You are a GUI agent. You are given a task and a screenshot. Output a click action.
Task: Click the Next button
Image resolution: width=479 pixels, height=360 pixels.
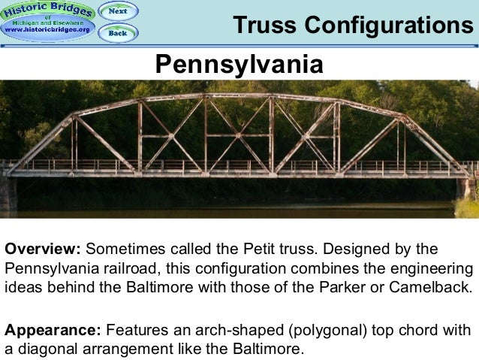[x=118, y=11]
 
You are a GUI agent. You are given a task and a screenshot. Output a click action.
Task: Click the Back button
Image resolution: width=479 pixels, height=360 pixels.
[x=118, y=32]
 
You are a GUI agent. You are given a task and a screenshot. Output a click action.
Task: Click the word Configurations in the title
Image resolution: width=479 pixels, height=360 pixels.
[x=384, y=25]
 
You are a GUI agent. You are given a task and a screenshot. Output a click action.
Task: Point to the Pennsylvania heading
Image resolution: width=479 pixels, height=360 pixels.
[x=239, y=64]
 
